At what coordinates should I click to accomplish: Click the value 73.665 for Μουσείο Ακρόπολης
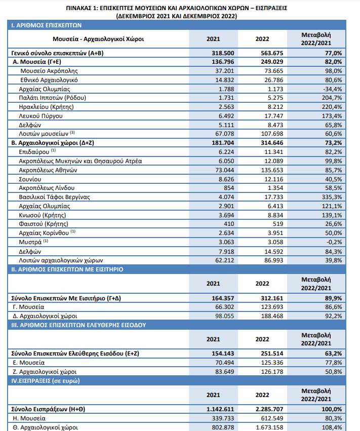273,71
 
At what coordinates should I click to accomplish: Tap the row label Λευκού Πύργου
41,116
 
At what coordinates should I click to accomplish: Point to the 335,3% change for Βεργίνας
332,197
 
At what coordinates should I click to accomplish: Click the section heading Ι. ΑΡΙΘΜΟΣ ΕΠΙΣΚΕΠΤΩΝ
47,25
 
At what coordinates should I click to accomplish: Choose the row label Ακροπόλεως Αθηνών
48,170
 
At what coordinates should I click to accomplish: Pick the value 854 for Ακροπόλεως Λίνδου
229,188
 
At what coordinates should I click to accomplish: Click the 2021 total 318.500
223,53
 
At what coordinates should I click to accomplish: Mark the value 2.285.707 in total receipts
269,409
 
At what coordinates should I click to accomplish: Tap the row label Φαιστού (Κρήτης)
44,224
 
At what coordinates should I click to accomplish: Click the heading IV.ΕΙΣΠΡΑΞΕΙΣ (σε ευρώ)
46,381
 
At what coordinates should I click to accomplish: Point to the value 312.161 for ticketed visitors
272,298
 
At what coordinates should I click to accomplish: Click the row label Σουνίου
30,179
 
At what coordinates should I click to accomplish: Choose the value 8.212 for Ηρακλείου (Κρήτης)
275,107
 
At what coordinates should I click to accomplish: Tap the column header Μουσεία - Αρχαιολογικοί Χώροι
98,39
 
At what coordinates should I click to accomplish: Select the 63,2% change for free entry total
333,354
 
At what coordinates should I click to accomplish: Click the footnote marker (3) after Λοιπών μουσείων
72,133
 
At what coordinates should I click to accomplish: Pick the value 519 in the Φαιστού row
278,224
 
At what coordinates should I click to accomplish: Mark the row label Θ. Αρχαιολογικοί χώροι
46,427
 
